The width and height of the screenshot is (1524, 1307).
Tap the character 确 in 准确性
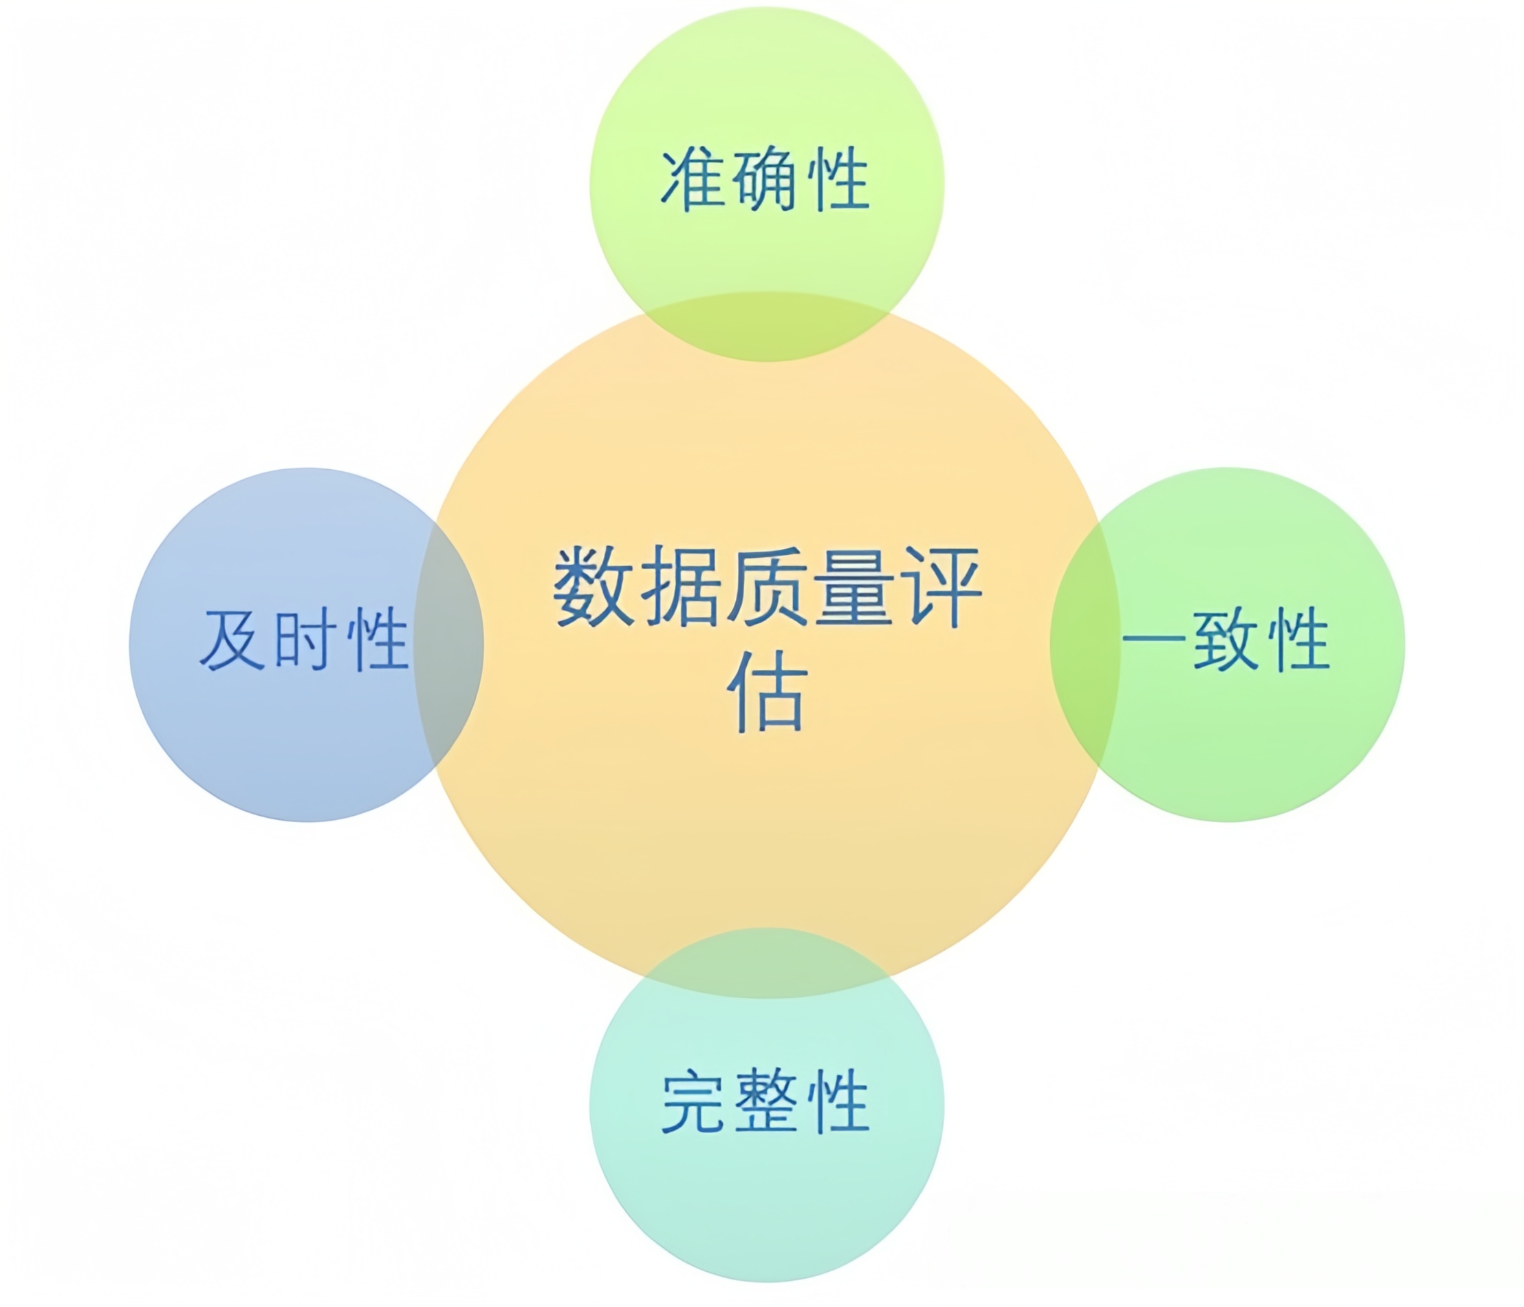click(765, 181)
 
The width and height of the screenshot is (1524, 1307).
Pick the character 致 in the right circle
click(1226, 639)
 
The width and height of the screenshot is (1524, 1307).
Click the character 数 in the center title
click(594, 586)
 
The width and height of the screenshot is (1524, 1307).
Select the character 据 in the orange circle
click(682, 586)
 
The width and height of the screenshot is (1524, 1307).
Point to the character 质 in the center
click(768, 586)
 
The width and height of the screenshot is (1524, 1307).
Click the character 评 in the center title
click(941, 586)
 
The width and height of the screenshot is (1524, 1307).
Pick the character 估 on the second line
click(768, 691)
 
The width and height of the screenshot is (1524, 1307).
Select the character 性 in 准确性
click(838, 181)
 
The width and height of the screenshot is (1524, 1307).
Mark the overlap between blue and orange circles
click(448, 645)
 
